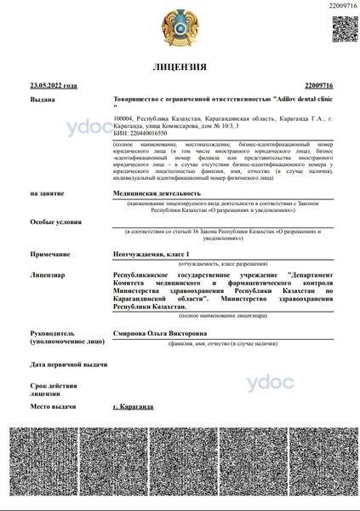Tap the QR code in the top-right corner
[344, 26]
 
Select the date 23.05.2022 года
[53, 86]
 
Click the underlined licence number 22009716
[317, 86]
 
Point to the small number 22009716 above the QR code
[341, 5]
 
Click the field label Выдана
[42, 100]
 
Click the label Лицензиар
[49, 275]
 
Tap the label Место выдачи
[54, 406]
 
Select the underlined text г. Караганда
[134, 406]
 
